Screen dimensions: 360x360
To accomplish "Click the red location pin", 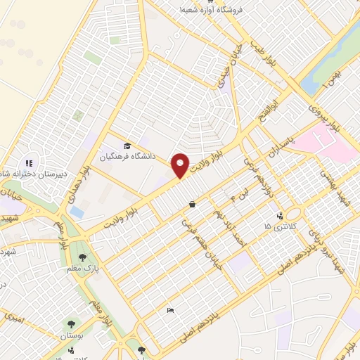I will coord(180,165).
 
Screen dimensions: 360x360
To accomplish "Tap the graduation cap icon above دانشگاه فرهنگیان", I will coord(127,146).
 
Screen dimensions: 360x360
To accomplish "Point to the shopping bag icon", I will coord(192,205).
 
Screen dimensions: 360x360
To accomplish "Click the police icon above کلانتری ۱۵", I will coord(281,216).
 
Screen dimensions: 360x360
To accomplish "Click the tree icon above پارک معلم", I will coord(83,257).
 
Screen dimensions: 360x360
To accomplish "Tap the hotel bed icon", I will coord(170,310).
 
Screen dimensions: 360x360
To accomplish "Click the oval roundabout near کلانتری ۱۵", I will coord(293,213).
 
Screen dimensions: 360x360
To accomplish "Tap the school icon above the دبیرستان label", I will coord(30,163).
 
